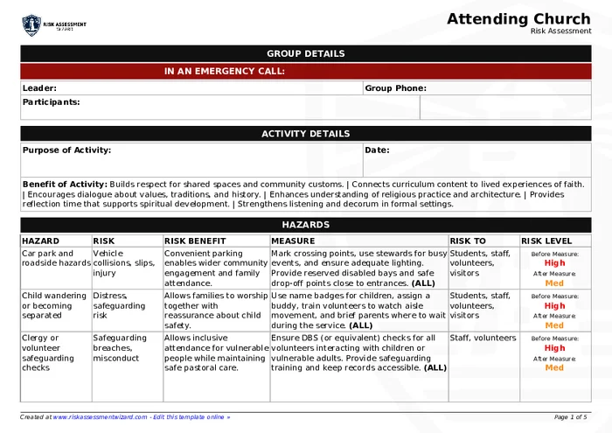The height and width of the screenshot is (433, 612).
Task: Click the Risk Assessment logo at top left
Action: tap(53, 25)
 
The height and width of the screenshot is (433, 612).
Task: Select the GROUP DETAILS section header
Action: tap(305, 53)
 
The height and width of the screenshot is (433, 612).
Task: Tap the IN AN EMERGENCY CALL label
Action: tap(225, 72)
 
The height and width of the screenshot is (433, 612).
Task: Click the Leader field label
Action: tap(39, 87)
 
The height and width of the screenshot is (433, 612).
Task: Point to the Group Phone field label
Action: tap(395, 87)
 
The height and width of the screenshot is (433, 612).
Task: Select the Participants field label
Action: tap(51, 101)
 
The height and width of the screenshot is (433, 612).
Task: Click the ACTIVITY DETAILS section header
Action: tap(305, 134)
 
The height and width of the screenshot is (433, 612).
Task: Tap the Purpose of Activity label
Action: tap(66, 150)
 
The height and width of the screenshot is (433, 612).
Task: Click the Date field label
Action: tap(377, 150)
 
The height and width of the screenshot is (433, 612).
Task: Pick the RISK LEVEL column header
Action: tap(546, 241)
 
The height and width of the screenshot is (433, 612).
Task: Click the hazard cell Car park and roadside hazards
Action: tap(56, 258)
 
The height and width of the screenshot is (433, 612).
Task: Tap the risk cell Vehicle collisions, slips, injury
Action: tap(123, 262)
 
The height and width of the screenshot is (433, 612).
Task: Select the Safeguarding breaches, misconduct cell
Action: tap(124, 347)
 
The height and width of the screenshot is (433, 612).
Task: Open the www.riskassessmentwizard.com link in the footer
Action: tap(100, 417)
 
